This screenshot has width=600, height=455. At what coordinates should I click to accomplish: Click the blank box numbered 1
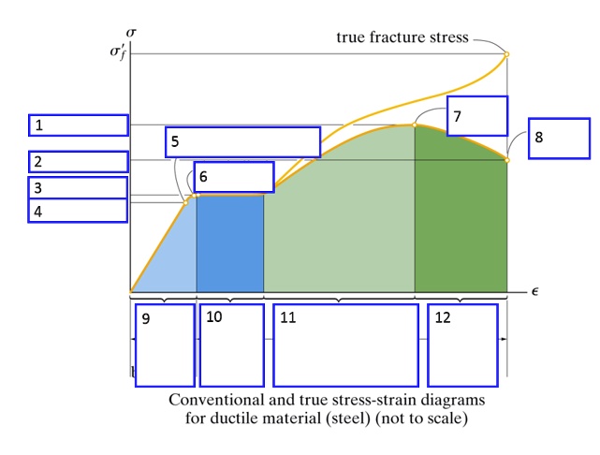pyautogui.click(x=79, y=125)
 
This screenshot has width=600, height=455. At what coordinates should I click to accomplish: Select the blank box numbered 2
pyautogui.click(x=79, y=161)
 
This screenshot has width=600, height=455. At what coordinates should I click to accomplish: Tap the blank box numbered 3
pyautogui.click(x=79, y=187)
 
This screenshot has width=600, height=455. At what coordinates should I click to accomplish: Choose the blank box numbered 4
pyautogui.click(x=79, y=212)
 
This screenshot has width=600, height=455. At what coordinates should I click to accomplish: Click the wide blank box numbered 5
pyautogui.click(x=243, y=141)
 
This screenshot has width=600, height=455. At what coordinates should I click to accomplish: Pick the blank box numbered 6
pyautogui.click(x=233, y=176)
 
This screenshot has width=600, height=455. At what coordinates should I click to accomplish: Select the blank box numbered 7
pyautogui.click(x=476, y=115)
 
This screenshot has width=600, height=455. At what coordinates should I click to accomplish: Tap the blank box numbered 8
pyautogui.click(x=559, y=138)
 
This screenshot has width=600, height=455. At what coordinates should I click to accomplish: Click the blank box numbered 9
pyautogui.click(x=165, y=345)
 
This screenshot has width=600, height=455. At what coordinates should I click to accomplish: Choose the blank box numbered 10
pyautogui.click(x=231, y=345)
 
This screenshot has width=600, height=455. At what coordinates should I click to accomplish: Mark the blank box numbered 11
pyautogui.click(x=345, y=345)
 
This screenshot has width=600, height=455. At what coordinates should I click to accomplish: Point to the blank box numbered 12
pyautogui.click(x=461, y=345)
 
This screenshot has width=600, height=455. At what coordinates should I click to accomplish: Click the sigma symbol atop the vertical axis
pyautogui.click(x=131, y=34)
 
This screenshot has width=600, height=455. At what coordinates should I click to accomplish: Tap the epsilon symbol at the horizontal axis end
pyautogui.click(x=534, y=291)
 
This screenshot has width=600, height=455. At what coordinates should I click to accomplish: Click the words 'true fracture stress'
pyautogui.click(x=403, y=37)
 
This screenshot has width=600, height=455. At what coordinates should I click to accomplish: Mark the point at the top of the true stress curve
pyautogui.click(x=506, y=54)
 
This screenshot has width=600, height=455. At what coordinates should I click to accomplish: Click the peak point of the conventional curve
pyautogui.click(x=415, y=125)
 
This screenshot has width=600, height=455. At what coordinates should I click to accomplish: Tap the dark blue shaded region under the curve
pyautogui.click(x=229, y=243)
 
